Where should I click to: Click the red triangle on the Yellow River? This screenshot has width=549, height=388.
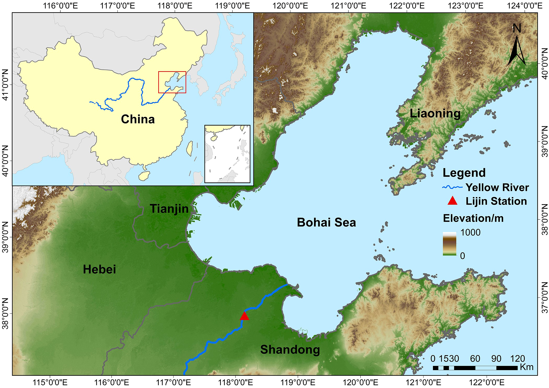point(244,316)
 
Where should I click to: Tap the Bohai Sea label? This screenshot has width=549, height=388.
point(326,223)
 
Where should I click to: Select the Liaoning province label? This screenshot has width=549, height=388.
point(435,113)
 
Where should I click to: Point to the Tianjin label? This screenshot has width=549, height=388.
point(169,209)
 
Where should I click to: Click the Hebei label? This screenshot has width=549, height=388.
point(99,269)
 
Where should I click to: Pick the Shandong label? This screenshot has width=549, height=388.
point(290,350)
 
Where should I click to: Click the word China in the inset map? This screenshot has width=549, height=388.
point(138,119)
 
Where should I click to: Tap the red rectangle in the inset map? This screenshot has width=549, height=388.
point(172,82)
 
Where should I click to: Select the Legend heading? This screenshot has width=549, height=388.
point(464,173)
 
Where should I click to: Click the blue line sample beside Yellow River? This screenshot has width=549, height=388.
point(452,187)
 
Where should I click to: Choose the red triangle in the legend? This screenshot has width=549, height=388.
point(452,201)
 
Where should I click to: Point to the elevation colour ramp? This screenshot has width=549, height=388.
point(449,244)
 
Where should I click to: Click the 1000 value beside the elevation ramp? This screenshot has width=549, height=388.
point(470,232)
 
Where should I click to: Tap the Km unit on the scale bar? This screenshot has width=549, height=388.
point(527,367)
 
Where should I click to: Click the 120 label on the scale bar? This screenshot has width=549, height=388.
point(518,359)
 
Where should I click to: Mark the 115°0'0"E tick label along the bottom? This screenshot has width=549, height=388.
point(50,383)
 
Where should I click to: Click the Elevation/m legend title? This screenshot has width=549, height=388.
point(473,218)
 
